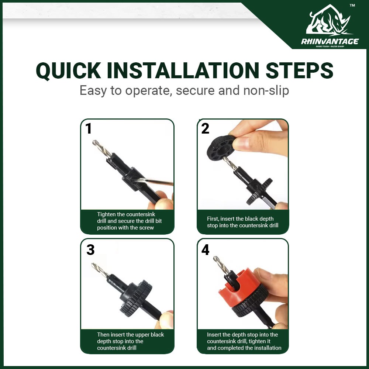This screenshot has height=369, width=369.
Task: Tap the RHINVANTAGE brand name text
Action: click(x=330, y=42)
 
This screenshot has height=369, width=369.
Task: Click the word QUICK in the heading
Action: click(x=69, y=70)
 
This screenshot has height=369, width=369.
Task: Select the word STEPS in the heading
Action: click(x=299, y=70)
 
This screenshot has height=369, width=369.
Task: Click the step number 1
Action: click(x=88, y=128)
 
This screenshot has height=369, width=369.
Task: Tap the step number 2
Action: click(x=205, y=128)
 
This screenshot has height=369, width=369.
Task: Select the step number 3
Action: click(x=90, y=250)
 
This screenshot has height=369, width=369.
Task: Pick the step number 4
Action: click(x=205, y=250)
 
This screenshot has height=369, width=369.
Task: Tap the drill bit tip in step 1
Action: click(x=94, y=142)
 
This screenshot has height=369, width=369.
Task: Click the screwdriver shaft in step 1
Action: click(x=154, y=182)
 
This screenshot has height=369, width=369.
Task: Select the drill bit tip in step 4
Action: click(x=215, y=258)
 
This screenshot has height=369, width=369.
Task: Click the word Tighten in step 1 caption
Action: click(x=106, y=214)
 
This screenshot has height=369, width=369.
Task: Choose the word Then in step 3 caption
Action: click(x=103, y=335)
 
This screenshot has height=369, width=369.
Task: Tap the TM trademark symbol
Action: click(x=352, y=6)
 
